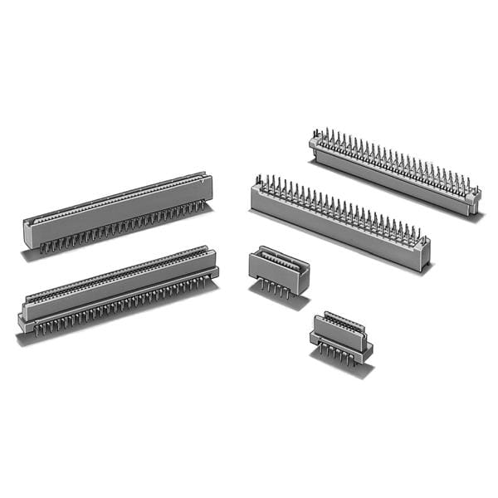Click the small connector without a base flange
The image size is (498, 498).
(x=279, y=269)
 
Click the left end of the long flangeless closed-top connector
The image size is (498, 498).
(x=29, y=232)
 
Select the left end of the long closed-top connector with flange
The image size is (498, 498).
(x=24, y=320)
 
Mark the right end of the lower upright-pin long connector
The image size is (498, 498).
(x=424, y=253)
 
